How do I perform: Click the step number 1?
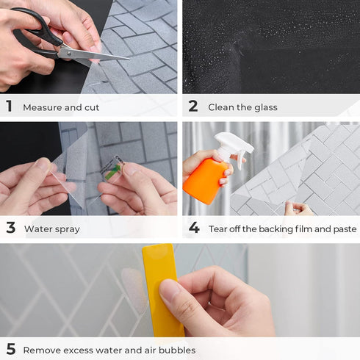coord(10,107)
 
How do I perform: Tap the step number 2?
coord(193,107)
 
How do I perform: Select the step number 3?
coord(10,228)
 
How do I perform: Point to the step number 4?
coord(194,228)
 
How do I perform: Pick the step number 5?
coord(10,350)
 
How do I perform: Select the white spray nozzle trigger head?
coord(234,143)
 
